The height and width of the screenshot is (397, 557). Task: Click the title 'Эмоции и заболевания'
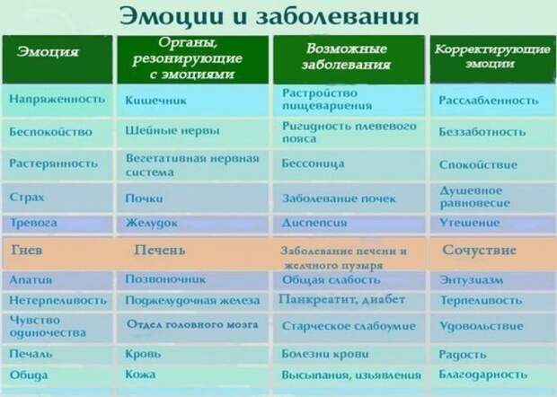(269, 16)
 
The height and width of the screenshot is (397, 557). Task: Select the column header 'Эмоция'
(48, 52)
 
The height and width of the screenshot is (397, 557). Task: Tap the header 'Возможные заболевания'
(347, 56)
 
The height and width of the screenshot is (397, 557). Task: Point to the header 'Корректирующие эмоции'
(492, 56)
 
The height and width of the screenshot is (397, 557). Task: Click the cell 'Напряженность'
(57, 99)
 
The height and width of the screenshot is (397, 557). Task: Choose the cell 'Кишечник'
(155, 101)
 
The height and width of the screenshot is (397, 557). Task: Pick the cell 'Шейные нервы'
(172, 130)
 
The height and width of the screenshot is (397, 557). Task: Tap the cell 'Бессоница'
(313, 163)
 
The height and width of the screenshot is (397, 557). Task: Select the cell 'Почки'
(144, 198)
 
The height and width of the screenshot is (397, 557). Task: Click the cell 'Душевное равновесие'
(474, 197)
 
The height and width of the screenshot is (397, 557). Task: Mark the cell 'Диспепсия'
(314, 223)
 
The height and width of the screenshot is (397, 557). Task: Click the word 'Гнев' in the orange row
(27, 250)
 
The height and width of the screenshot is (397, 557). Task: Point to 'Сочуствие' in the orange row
(479, 250)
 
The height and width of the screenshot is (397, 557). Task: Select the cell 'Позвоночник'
(165, 279)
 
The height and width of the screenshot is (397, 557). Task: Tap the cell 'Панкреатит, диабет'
(341, 299)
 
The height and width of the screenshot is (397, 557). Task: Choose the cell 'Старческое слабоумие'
(349, 326)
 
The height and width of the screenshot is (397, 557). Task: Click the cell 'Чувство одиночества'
(48, 326)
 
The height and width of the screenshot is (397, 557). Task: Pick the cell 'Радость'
(462, 354)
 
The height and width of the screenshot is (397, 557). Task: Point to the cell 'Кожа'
(140, 374)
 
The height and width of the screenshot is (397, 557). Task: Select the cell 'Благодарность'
(482, 375)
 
